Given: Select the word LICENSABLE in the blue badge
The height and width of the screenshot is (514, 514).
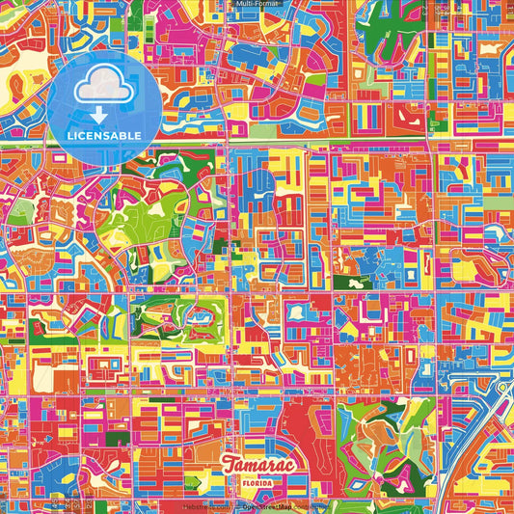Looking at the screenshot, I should (x=104, y=136).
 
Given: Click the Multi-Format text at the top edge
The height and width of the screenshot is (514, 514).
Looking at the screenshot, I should (x=257, y=4).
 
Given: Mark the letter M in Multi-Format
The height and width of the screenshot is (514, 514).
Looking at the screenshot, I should (x=240, y=4).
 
